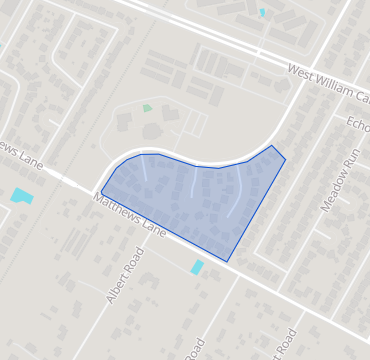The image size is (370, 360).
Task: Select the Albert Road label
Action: click(x=125, y=275)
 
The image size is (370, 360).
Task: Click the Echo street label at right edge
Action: click(x=358, y=122)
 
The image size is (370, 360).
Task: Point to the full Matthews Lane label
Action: click(x=130, y=215)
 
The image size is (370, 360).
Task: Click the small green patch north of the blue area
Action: click(x=148, y=108)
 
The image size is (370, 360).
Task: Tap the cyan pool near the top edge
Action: click(x=263, y=12)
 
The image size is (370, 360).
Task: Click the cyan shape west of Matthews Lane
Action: click(x=22, y=196)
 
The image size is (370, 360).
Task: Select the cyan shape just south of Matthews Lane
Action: click(x=198, y=267)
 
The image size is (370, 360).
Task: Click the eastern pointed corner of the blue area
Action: click(x=285, y=158)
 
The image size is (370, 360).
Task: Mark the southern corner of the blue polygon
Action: click(x=227, y=262)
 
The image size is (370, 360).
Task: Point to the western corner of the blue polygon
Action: click(x=101, y=192)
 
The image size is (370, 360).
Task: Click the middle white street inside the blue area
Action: click(x=193, y=182)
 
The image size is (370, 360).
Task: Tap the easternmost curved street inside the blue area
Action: click(x=238, y=195)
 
